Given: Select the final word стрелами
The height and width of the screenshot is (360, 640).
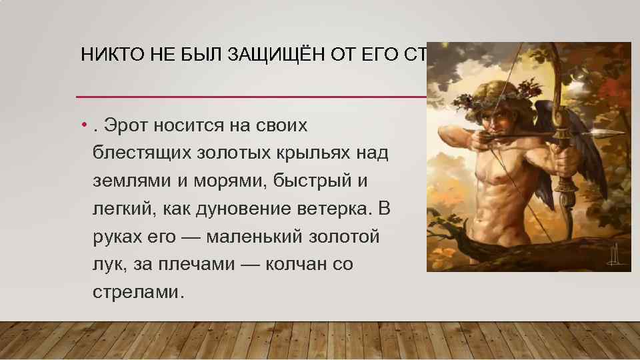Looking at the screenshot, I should point(137,293).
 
